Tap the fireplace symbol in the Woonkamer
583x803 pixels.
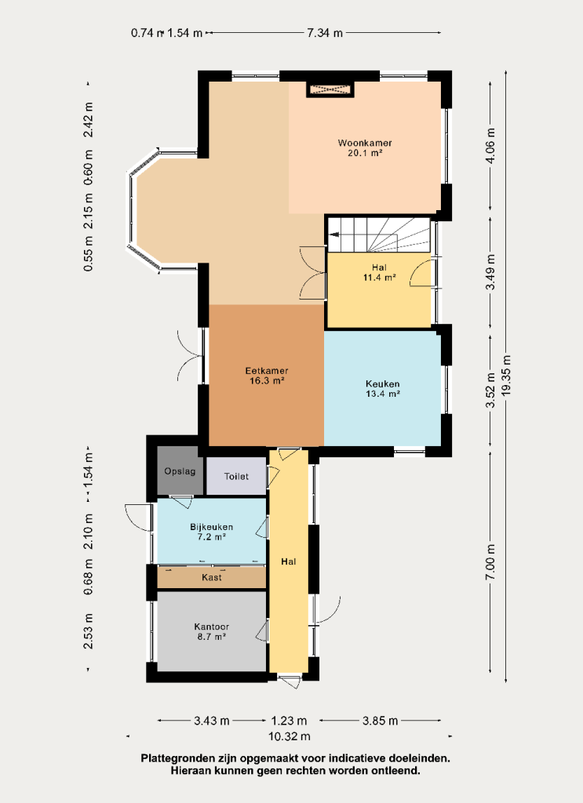(x=330, y=89)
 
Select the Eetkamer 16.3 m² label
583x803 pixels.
(x=267, y=376)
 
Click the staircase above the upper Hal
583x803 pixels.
(x=378, y=234)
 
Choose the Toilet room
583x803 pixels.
(x=236, y=476)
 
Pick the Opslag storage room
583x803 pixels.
(x=180, y=471)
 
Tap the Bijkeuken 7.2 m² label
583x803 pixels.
(x=212, y=532)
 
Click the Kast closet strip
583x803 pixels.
(x=212, y=577)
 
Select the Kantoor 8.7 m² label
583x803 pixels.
(x=212, y=631)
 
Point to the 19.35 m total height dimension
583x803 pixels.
(x=506, y=376)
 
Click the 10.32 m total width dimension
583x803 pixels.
(x=290, y=736)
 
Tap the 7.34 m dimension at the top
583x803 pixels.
(x=325, y=33)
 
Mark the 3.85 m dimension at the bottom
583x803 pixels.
(x=380, y=721)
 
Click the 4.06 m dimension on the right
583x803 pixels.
(x=490, y=145)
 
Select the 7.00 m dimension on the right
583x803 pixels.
(x=490, y=561)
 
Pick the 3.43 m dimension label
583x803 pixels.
(x=212, y=721)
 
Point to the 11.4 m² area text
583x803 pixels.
(x=379, y=278)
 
